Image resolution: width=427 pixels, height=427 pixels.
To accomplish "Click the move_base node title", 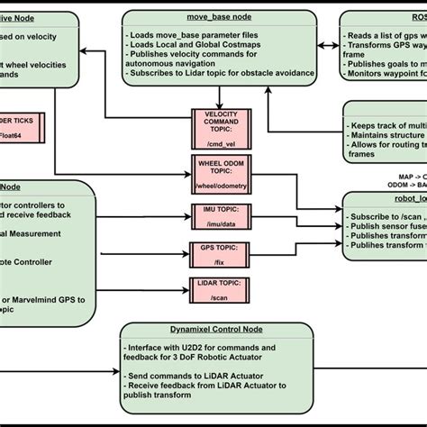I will point(219,18).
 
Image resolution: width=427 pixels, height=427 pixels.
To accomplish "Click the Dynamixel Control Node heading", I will point(218,330).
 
